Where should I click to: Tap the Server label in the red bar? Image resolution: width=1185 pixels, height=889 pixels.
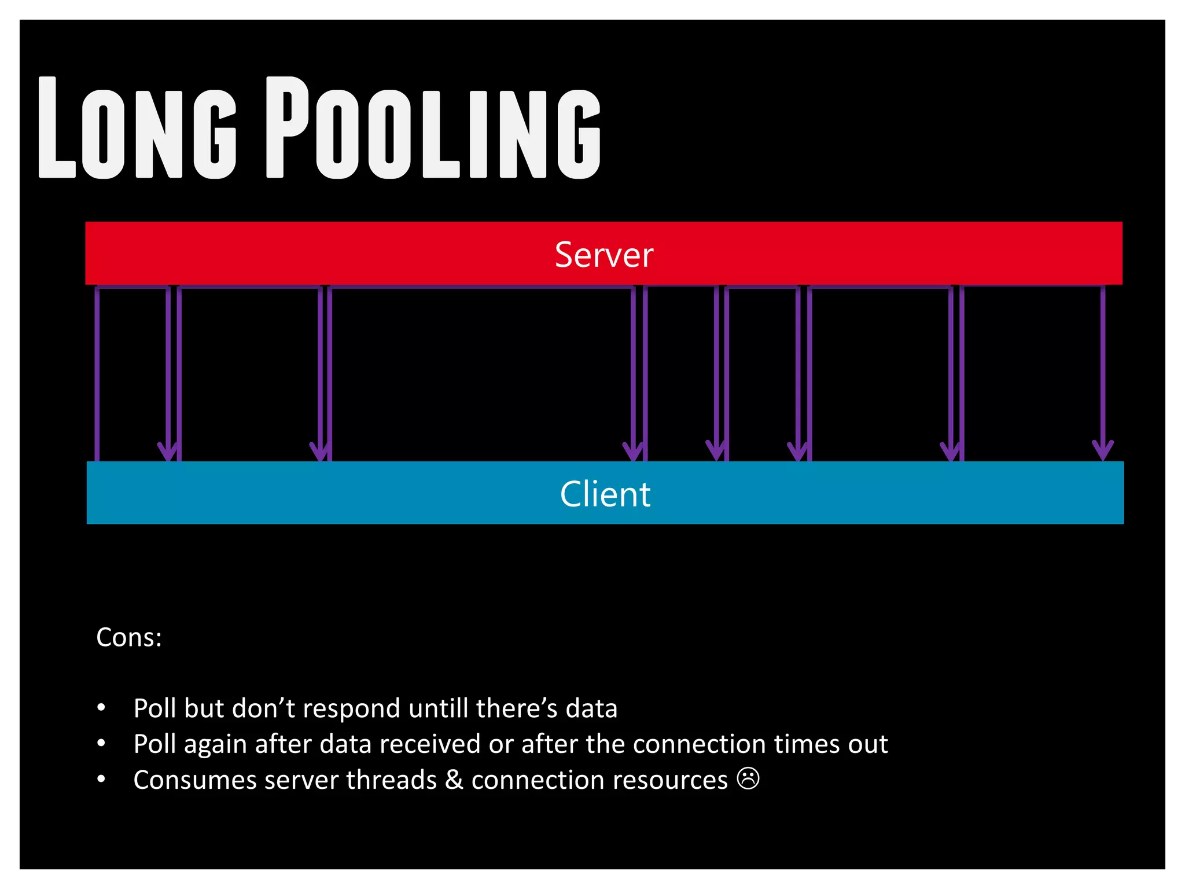pos(603,255)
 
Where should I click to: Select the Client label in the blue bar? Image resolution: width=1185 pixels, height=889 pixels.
pos(605,494)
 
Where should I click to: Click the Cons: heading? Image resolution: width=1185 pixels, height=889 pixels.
pos(129,637)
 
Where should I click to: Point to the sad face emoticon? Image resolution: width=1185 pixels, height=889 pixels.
pos(748,778)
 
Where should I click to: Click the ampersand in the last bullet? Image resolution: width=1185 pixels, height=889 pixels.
pos(454,780)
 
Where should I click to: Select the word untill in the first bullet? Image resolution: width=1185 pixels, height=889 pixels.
pos(438,708)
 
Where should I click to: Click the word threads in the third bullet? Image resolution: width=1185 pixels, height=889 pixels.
pos(391,780)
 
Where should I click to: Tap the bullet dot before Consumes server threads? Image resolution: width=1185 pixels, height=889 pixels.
pos(101,779)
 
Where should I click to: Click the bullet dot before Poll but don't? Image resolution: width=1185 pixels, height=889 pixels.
pos(101,707)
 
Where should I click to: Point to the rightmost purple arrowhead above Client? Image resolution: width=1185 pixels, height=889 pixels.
pos(1103,450)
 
